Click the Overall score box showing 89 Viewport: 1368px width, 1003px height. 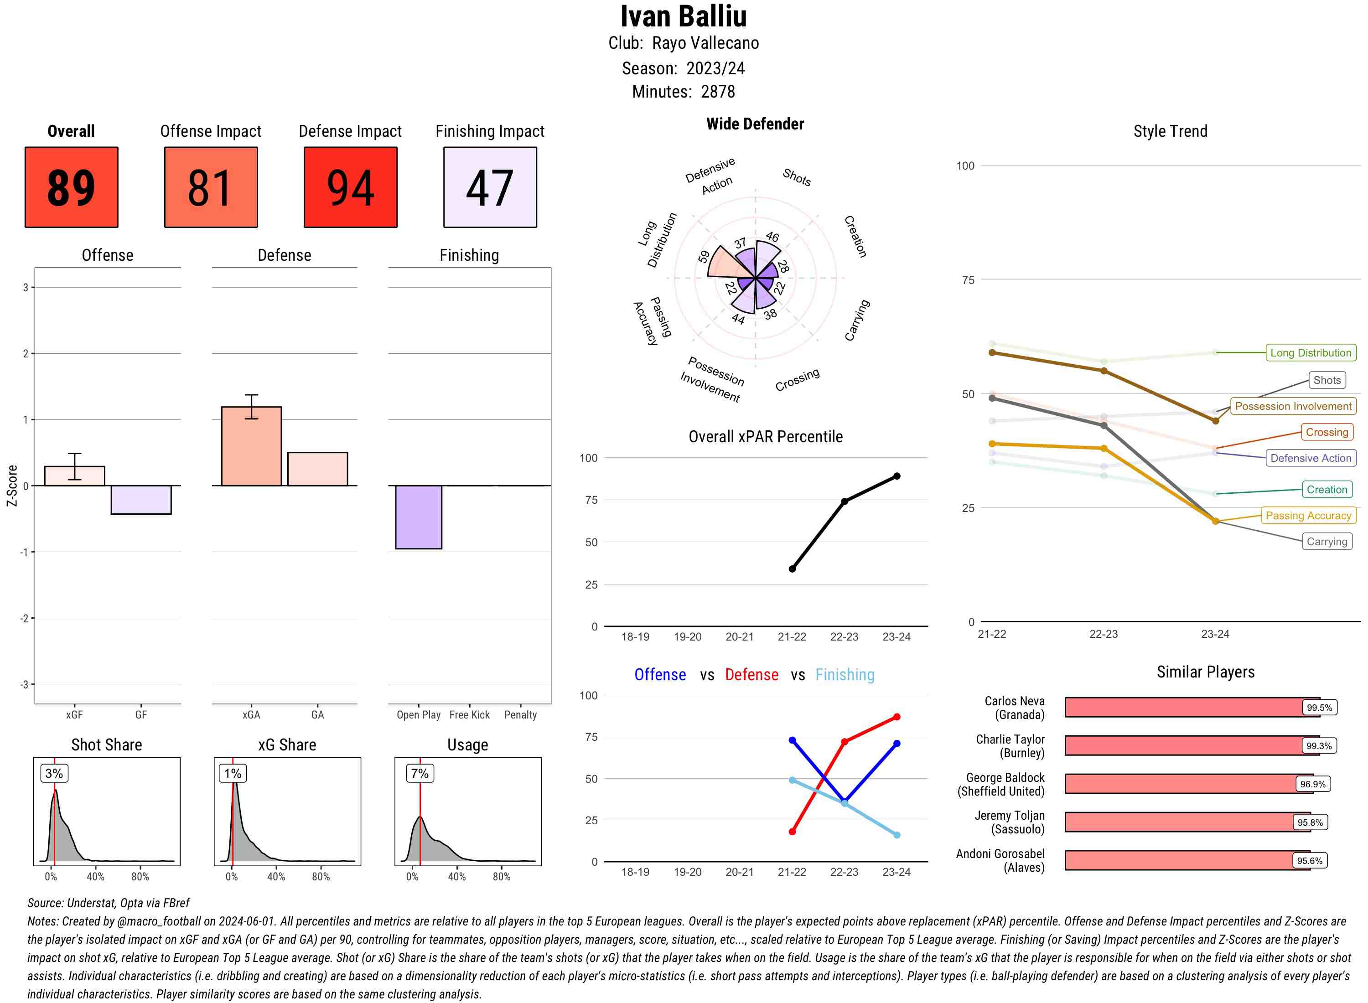pyautogui.click(x=71, y=187)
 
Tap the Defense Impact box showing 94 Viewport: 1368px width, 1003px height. pyautogui.click(x=350, y=187)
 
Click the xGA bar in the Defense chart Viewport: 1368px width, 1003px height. pyautogui.click(x=251, y=446)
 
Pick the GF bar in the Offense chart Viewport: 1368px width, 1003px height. pyautogui.click(x=141, y=500)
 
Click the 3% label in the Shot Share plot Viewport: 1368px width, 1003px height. pyautogui.click(x=54, y=773)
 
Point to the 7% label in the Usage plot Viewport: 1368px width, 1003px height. pyautogui.click(x=420, y=773)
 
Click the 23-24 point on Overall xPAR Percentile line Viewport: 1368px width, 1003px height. pyautogui.click(x=896, y=476)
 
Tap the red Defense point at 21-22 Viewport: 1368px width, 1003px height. pyautogui.click(x=792, y=831)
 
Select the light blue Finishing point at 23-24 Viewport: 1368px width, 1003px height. pyautogui.click(x=896, y=835)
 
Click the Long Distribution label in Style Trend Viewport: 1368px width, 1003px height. pyautogui.click(x=1311, y=353)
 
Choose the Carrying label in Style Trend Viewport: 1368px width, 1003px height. pyautogui.click(x=1327, y=542)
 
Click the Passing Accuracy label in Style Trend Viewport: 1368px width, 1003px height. pyautogui.click(x=1308, y=516)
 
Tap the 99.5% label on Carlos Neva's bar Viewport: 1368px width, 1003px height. pyautogui.click(x=1319, y=707)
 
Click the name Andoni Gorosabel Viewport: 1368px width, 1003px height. pyautogui.click(x=1000, y=853)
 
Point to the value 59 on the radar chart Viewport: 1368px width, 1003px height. pyautogui.click(x=704, y=257)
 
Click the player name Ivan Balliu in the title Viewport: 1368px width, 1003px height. pyautogui.click(x=683, y=16)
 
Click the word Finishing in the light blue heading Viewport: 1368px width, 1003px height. pyautogui.click(x=845, y=675)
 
